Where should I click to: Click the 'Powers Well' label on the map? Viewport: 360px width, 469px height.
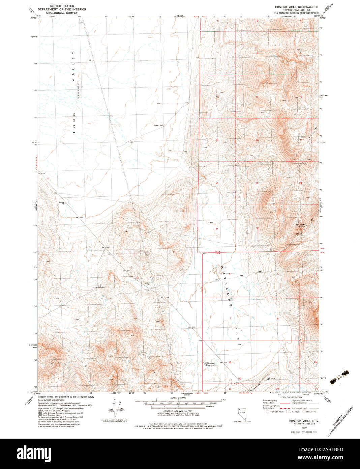(159, 125)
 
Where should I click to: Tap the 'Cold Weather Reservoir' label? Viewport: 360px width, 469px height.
(208, 364)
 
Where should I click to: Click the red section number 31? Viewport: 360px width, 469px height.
(217, 229)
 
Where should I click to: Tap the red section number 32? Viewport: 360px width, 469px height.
(257, 228)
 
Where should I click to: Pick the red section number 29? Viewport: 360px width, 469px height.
(257, 183)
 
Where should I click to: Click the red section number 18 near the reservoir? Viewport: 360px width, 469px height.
(230, 362)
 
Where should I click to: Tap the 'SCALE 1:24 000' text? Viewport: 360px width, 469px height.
(178, 398)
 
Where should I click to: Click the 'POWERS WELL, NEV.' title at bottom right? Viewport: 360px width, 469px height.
(301, 421)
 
